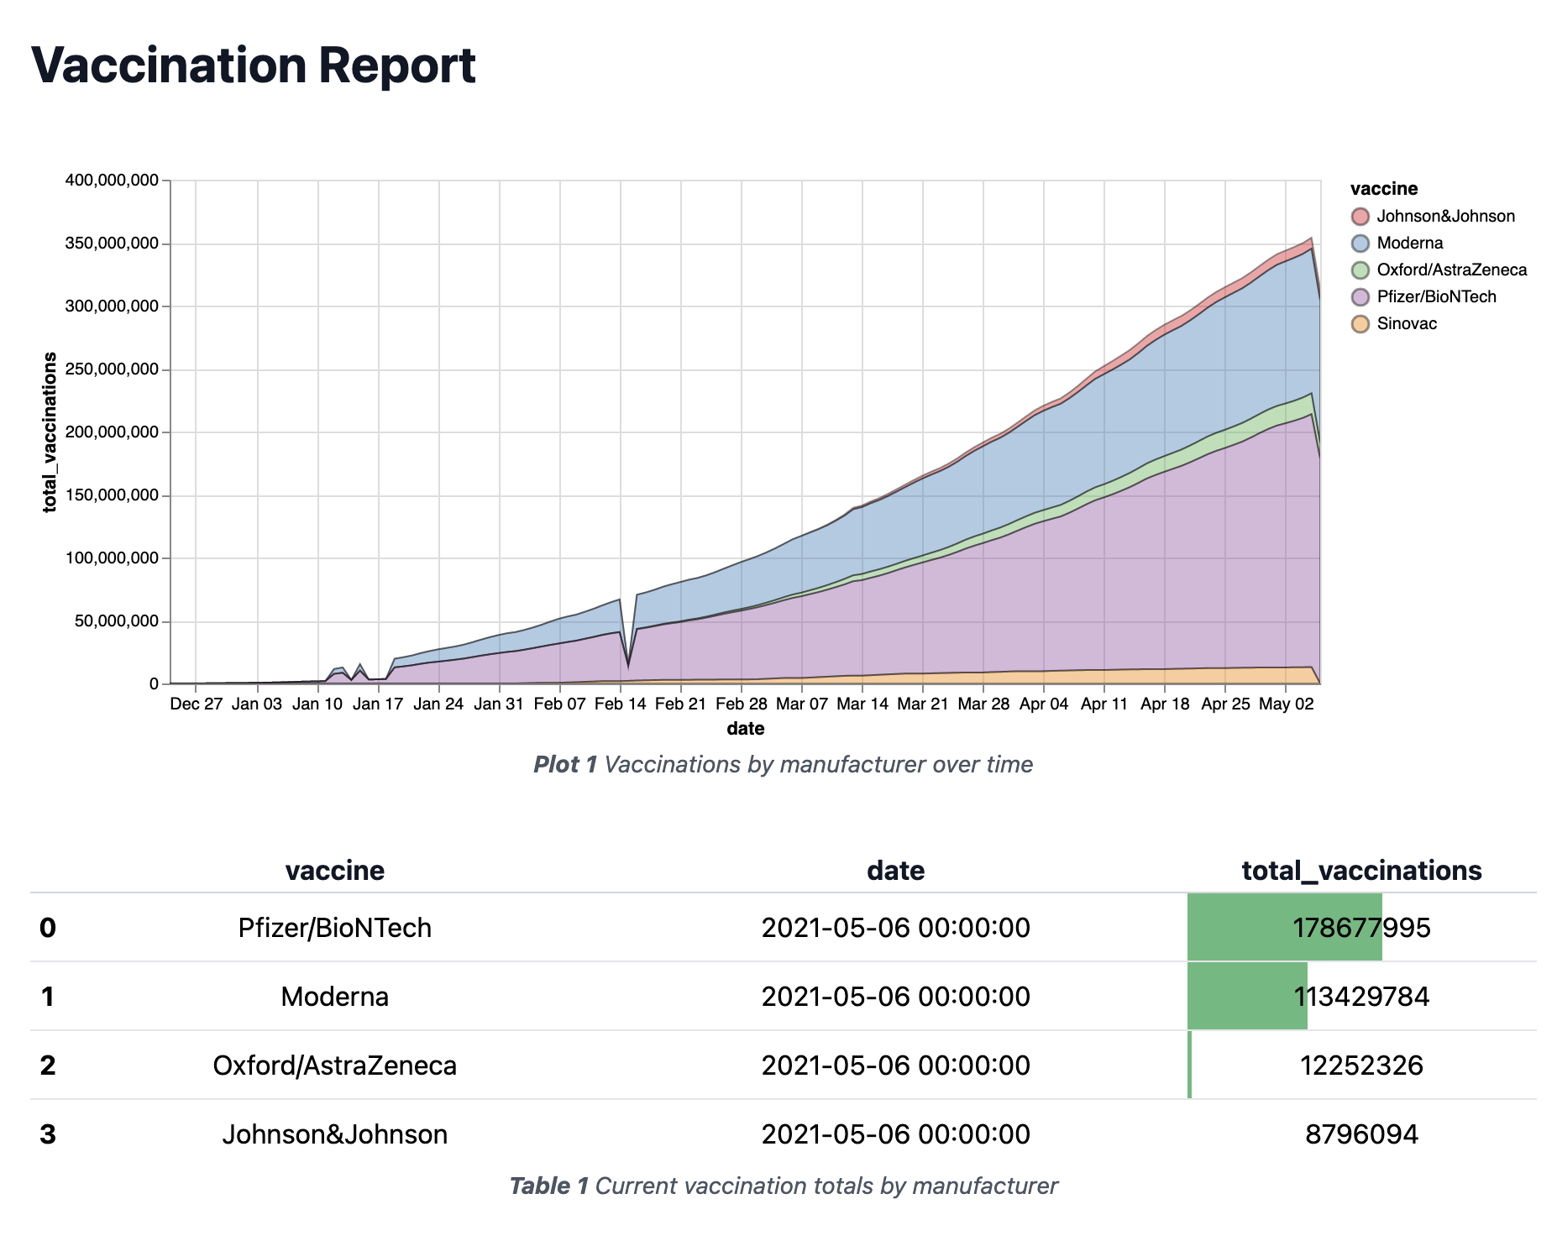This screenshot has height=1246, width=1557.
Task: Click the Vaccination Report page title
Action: click(x=253, y=65)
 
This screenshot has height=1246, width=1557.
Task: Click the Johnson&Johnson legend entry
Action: click(x=1444, y=216)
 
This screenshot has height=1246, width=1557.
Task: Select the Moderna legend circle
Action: click(x=1360, y=243)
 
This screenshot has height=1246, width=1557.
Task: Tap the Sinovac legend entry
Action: click(x=1406, y=323)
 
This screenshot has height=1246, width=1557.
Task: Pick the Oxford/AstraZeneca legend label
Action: click(x=1451, y=270)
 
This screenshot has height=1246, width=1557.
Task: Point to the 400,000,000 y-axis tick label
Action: click(x=111, y=181)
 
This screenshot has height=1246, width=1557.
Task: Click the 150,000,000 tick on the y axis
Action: click(x=111, y=495)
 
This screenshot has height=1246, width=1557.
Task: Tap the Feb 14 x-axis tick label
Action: click(x=620, y=704)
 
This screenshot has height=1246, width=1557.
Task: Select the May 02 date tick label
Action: click(x=1286, y=704)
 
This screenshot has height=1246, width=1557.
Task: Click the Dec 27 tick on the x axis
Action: click(x=196, y=704)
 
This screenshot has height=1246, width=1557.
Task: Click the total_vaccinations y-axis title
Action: click(x=50, y=432)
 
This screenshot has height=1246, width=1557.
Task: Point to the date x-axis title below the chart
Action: click(x=745, y=729)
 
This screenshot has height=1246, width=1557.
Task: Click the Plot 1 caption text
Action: click(x=783, y=764)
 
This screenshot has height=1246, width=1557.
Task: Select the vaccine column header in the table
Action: click(x=334, y=870)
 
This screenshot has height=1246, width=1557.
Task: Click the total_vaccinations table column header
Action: click(x=1361, y=870)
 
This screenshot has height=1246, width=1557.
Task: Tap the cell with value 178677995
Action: click(x=1361, y=928)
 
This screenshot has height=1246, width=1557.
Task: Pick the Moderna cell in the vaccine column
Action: click(x=334, y=997)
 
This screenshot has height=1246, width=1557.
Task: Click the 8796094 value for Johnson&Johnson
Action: click(x=1361, y=1134)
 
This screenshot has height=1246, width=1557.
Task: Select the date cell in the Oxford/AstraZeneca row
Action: click(x=895, y=1065)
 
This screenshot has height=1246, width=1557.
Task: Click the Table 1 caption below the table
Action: click(x=783, y=1186)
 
